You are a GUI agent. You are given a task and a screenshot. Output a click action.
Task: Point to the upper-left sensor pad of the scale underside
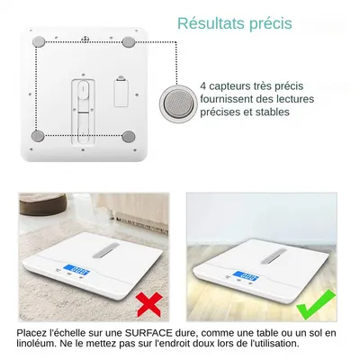[x=38, y=41]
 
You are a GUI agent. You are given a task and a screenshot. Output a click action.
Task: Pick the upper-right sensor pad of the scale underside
[x=129, y=41]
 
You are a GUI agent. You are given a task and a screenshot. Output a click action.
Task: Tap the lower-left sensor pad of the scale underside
[x=38, y=136]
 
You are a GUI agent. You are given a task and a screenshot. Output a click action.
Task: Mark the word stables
[x=272, y=112]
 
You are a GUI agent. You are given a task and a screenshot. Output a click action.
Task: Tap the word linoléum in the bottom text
[x=39, y=343]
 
